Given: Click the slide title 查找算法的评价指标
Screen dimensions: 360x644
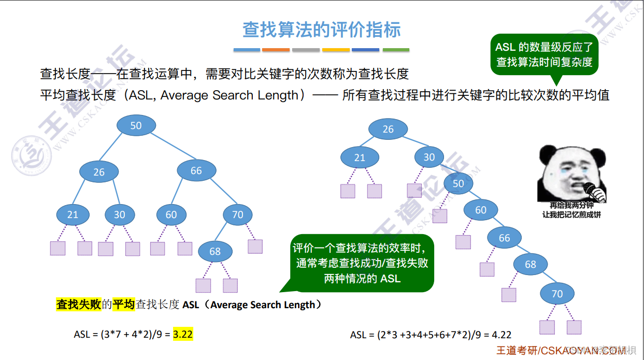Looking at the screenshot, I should pos(321,30).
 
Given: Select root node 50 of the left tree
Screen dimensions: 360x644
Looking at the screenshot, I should pos(136,125).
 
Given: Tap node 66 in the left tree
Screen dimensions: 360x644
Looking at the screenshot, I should pos(196,170).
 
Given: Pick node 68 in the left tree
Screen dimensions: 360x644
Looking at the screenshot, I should pos(215,251).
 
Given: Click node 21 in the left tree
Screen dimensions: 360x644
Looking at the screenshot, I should pos(73,214).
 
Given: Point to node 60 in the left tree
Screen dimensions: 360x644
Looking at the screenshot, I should pos(171,214).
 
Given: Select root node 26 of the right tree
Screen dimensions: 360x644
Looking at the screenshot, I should pos(388,129).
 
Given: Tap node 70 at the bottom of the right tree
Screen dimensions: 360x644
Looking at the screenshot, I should pos(557,294).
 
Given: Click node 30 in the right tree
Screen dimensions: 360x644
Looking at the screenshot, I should pos(429,157).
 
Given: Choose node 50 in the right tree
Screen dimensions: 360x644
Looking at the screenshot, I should pos(458,183).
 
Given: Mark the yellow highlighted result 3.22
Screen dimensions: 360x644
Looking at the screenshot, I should pos(183,334).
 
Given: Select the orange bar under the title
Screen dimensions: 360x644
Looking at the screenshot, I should pos(276,50).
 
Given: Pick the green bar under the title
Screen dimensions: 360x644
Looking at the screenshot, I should pos(396,50).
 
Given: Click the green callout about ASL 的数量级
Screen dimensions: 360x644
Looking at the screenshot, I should pos(544,55).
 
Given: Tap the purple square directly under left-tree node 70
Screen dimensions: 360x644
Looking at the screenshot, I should pos(255,246).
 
